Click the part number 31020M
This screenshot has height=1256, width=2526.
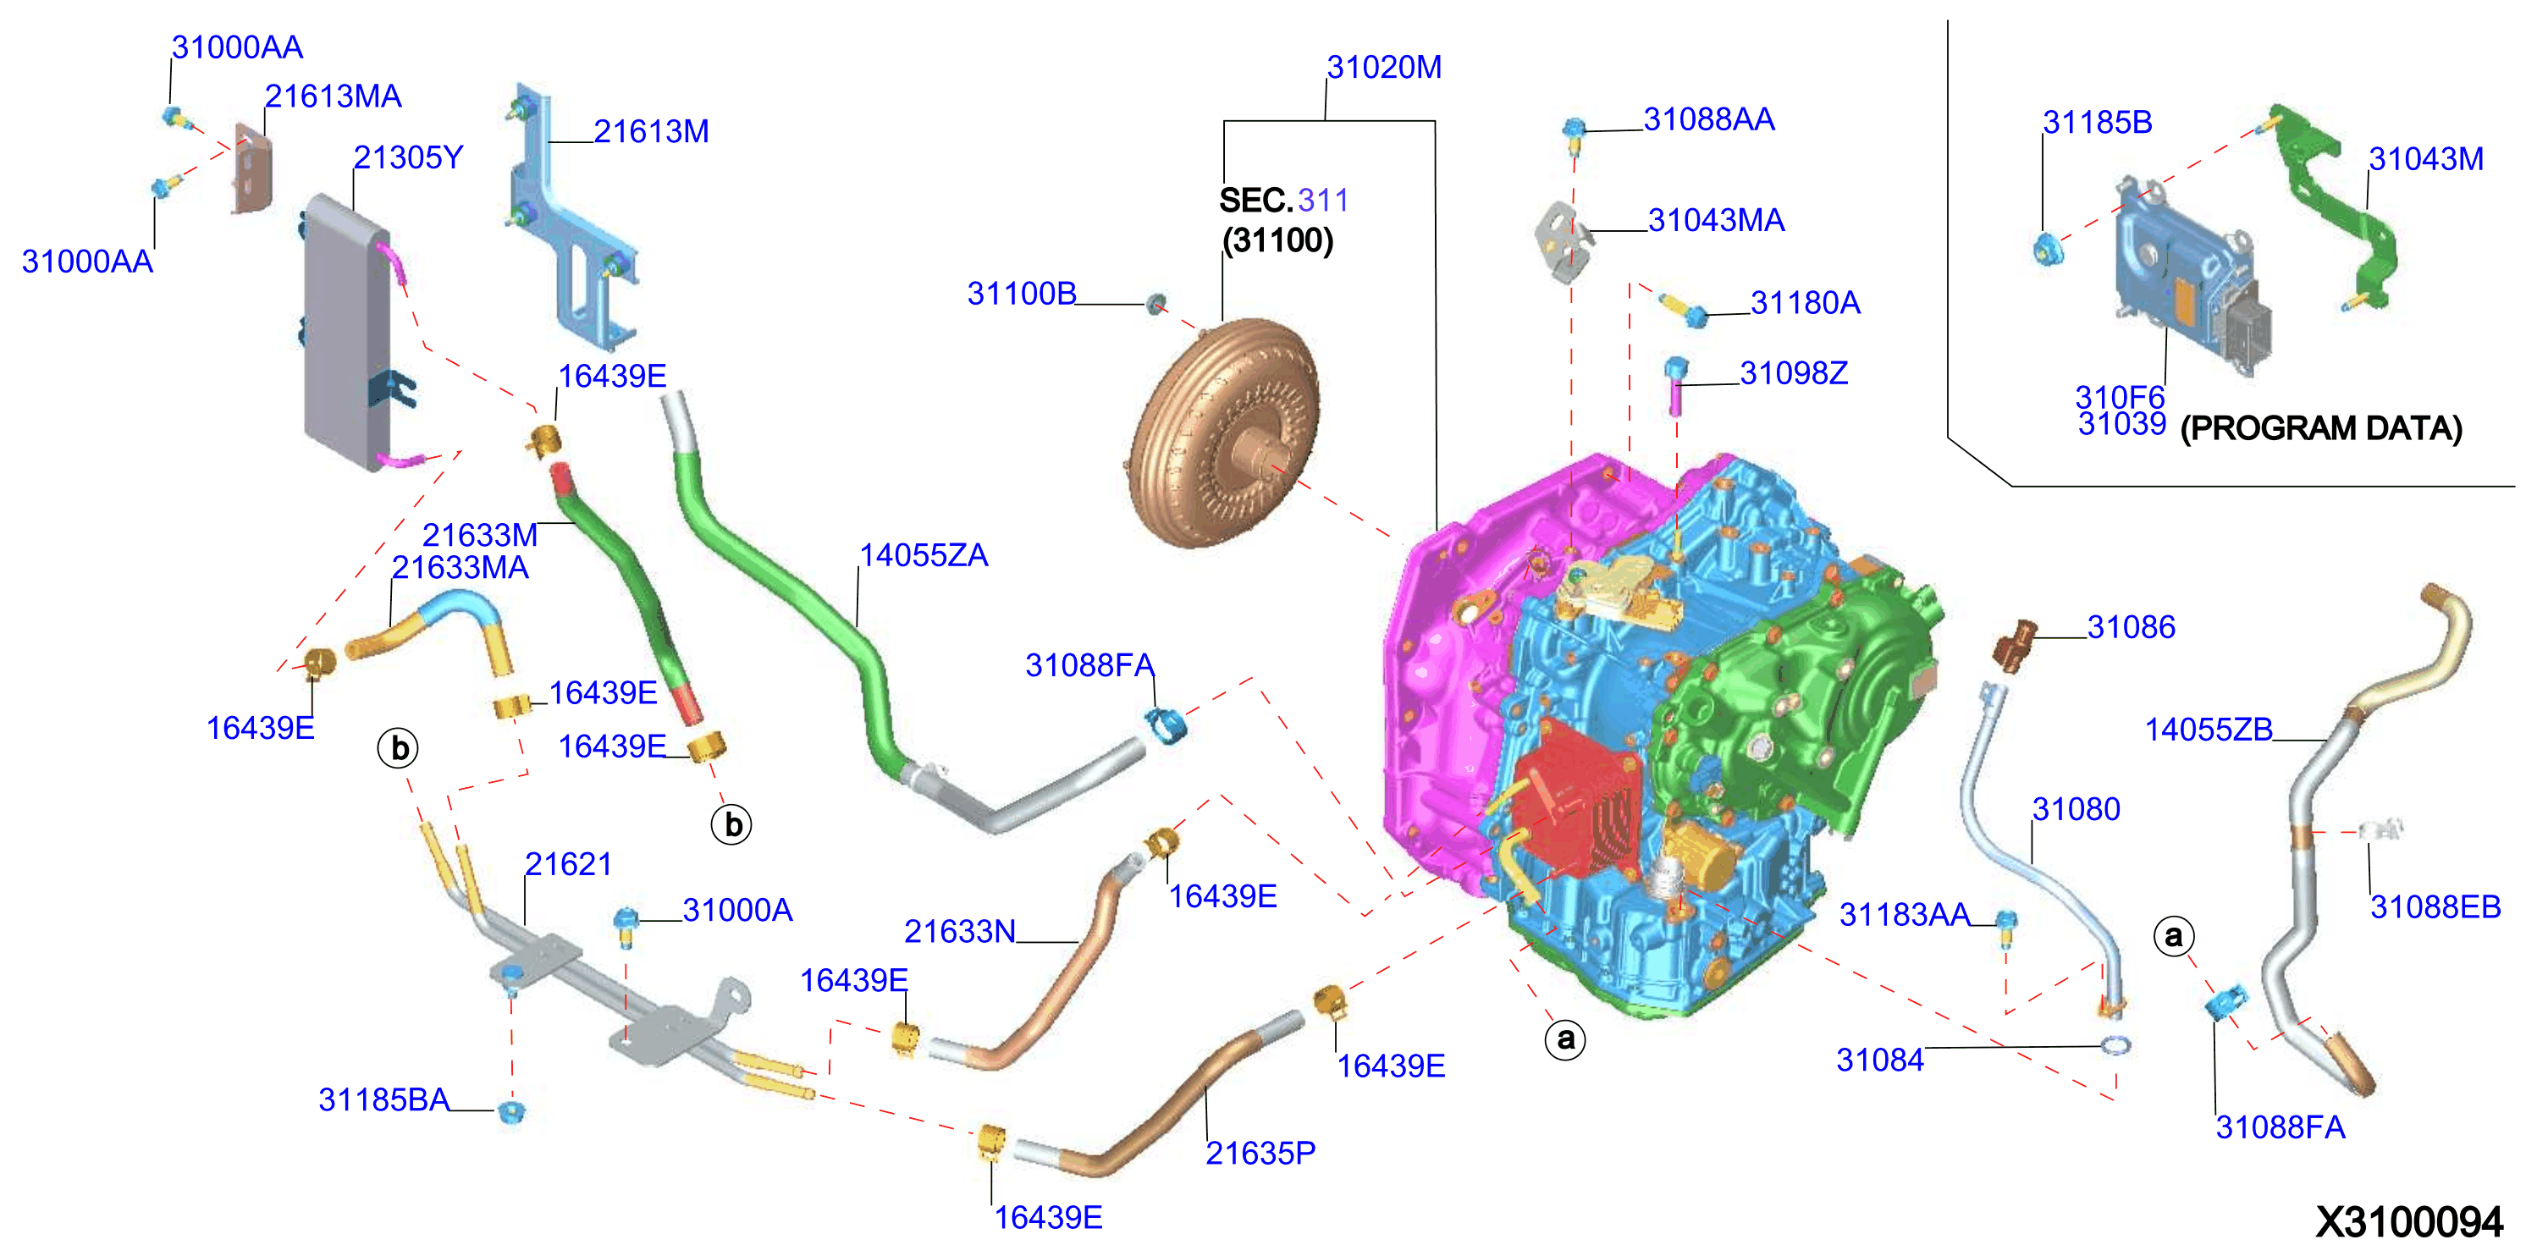click(1383, 68)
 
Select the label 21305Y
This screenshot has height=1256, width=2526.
click(408, 158)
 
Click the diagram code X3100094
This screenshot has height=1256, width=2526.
click(2409, 1221)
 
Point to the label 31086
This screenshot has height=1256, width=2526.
click(2131, 626)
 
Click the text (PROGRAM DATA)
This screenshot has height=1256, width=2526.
click(2321, 428)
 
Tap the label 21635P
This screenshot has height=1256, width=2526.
click(1260, 1153)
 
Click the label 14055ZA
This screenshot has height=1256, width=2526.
click(924, 556)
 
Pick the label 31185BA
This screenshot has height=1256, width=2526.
click(383, 1100)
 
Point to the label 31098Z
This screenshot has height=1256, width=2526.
click(1794, 373)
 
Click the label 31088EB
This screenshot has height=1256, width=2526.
click(2435, 907)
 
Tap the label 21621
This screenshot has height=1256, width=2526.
click(568, 864)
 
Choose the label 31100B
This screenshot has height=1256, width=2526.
click(1022, 293)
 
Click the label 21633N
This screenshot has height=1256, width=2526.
click(959, 932)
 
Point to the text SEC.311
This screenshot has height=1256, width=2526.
click(1283, 201)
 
